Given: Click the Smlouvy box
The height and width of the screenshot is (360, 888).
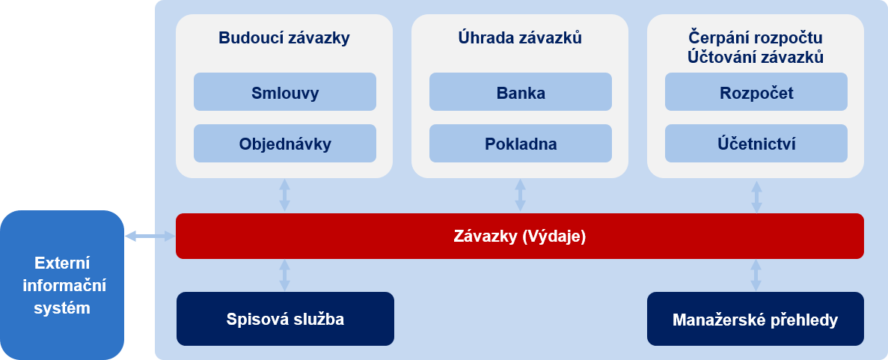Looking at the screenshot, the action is [x=285, y=92].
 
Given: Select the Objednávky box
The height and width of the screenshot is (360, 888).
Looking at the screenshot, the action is [x=285, y=144].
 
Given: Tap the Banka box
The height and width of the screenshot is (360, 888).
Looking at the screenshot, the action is [x=521, y=92].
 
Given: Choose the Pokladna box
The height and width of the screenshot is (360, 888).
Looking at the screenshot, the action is [x=521, y=144].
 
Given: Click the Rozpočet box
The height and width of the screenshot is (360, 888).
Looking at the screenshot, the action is [x=756, y=92].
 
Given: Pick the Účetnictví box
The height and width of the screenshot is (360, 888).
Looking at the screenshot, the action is [x=756, y=144].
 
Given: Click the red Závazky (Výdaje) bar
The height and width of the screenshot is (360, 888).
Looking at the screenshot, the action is [x=520, y=236].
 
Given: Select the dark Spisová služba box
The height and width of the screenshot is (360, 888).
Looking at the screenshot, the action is [x=285, y=319].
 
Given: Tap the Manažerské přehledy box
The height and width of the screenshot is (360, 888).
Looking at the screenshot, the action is [x=756, y=319].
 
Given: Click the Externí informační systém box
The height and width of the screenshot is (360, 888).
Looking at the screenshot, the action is [x=62, y=285].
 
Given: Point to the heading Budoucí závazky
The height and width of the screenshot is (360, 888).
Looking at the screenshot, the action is [x=284, y=38].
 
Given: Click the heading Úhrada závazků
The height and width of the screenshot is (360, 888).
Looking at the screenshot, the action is [x=520, y=38].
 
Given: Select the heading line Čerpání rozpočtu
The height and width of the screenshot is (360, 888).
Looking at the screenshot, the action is [x=756, y=38].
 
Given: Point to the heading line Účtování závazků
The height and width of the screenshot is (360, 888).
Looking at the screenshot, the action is [x=756, y=58].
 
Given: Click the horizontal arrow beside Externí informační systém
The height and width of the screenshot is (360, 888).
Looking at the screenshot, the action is [x=150, y=236].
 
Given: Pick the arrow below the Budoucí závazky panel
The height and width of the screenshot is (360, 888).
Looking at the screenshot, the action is [x=285, y=195].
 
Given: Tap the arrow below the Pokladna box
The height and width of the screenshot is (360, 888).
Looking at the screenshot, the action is [x=521, y=195].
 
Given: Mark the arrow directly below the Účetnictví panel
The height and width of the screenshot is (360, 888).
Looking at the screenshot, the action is [x=756, y=197].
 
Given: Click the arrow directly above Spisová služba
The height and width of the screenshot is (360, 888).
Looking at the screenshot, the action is [x=285, y=275].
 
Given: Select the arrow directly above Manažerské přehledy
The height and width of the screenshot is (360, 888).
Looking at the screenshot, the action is [x=756, y=275].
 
